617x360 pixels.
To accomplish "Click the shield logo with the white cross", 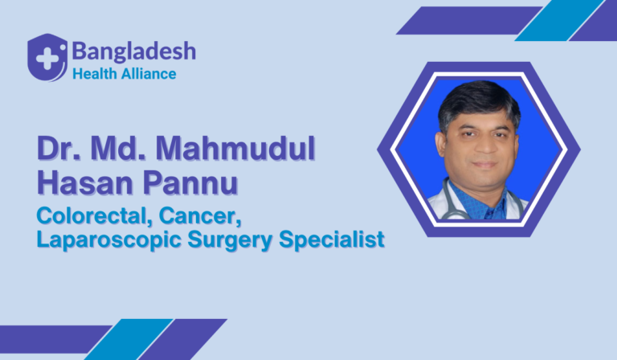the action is (x=47, y=57).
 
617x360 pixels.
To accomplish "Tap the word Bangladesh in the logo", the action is (x=134, y=52).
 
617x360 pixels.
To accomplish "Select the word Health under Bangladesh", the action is (x=95, y=74).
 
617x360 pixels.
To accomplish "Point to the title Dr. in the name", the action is (x=59, y=149).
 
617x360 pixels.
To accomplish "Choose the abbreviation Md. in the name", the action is (x=118, y=149).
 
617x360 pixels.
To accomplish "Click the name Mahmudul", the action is (x=235, y=149).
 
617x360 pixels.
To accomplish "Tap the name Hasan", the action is (x=85, y=183).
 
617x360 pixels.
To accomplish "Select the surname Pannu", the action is (x=190, y=183).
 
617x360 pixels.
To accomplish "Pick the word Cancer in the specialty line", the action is (x=200, y=216).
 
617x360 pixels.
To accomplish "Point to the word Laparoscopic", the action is (x=108, y=239).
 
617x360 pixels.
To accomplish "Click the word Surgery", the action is (x=230, y=239).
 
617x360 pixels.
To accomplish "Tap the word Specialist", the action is (x=332, y=239).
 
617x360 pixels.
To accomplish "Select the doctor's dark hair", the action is (x=479, y=101).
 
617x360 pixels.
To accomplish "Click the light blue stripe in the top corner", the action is (x=559, y=20).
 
